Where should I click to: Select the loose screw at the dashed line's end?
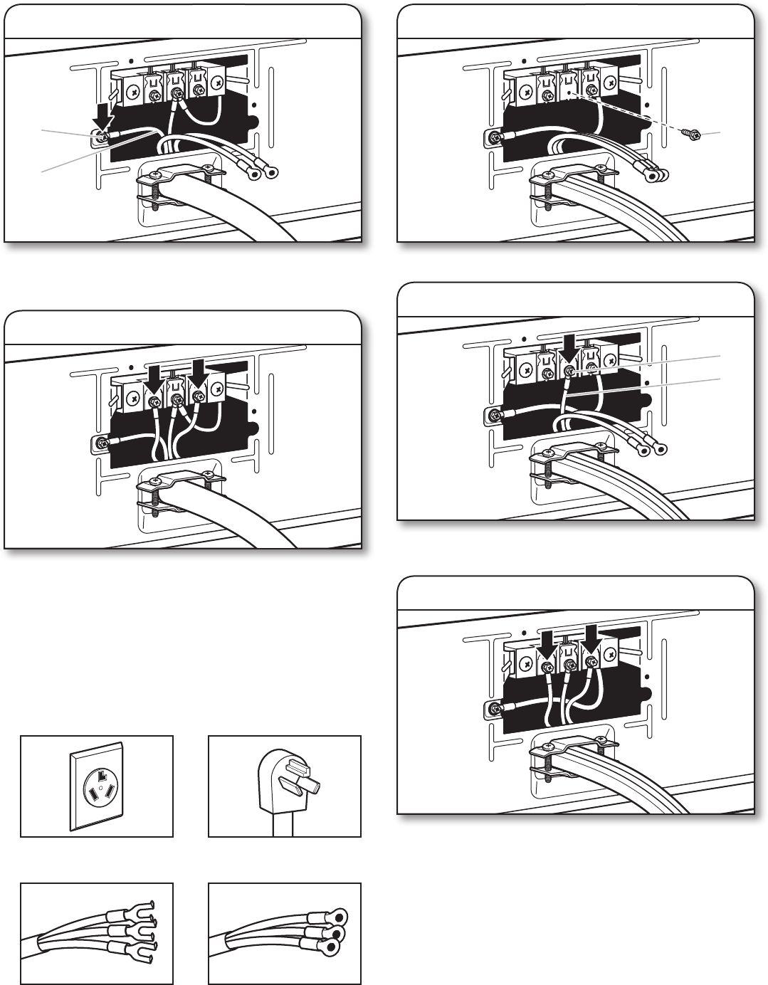pyautogui.click(x=690, y=134)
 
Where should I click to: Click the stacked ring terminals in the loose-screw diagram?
pyautogui.click(x=654, y=172)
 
